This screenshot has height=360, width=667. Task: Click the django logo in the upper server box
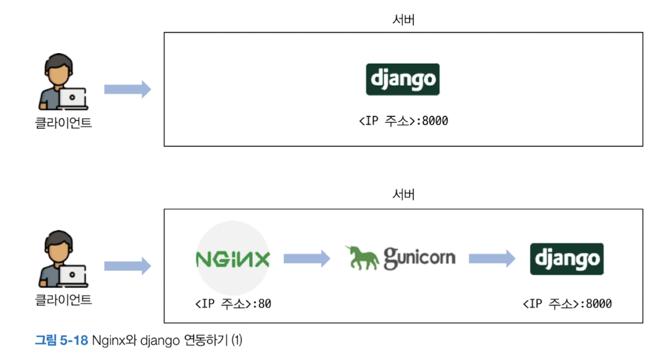tap(402, 80)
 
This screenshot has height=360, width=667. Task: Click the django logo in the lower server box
tap(567, 259)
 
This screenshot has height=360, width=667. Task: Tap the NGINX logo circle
tap(233, 259)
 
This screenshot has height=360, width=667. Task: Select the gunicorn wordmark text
tap(419, 258)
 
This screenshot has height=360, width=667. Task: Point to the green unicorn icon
tap(363, 258)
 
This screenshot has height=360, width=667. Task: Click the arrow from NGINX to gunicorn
tap(306, 259)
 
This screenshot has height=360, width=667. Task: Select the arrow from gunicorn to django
tap(491, 259)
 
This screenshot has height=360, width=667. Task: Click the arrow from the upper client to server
tap(127, 90)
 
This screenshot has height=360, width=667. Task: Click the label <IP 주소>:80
tap(233, 304)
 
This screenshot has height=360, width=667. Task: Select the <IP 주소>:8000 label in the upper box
tap(403, 121)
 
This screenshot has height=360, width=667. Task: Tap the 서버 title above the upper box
tap(403, 20)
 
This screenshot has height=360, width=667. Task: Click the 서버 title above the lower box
tap(403, 195)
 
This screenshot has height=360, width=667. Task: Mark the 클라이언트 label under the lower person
tap(63, 300)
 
